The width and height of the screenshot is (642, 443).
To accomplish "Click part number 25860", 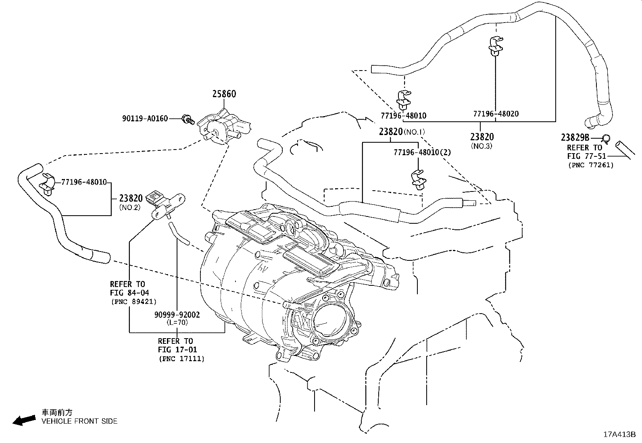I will tap(224, 94).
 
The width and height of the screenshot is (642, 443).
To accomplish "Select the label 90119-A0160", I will tap(145, 119).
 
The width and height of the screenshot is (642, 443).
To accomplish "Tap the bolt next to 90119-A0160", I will tap(188, 119).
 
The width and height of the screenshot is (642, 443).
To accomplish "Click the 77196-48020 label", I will tap(496, 114).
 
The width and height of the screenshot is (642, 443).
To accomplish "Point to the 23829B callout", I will tap(575, 137).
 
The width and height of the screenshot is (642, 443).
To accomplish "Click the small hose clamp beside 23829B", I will tap(606, 139).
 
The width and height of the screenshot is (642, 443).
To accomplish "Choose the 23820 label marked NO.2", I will tap(131, 198).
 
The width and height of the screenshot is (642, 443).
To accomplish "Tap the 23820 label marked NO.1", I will tap(391, 131).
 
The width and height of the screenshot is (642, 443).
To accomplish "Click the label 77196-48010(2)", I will tap(422, 152).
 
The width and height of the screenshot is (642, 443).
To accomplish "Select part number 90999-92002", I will tap(177, 314).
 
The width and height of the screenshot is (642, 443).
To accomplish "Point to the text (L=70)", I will tap(177, 322).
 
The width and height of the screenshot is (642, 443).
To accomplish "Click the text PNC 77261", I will tap(590, 165).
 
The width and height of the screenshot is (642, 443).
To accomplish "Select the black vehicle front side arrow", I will tap(23, 420).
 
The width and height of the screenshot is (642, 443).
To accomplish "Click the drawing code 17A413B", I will tap(619, 435).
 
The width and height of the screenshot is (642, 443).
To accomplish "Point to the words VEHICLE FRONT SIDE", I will tap(79, 421).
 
